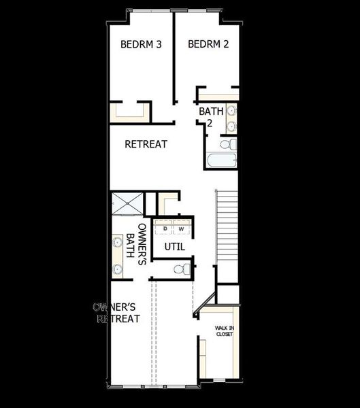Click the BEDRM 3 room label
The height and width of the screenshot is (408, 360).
[x=141, y=45]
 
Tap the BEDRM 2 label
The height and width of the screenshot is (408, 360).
[x=208, y=45]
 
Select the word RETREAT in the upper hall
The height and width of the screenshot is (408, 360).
[x=146, y=144]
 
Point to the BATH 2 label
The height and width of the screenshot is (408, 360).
[x=207, y=116]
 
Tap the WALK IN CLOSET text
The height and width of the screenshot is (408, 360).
[x=225, y=331]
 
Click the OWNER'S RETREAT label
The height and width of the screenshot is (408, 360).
[x=118, y=313]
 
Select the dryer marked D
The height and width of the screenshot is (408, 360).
[x=165, y=228]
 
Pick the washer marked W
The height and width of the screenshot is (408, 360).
[x=181, y=228]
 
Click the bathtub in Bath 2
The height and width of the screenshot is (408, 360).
[x=220, y=162]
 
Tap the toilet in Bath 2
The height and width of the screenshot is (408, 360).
[x=230, y=144]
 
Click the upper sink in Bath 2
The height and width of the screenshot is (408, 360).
[x=231, y=111]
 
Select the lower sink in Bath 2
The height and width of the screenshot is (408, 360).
[x=231, y=126]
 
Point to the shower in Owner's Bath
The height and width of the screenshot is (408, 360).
[x=127, y=201]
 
